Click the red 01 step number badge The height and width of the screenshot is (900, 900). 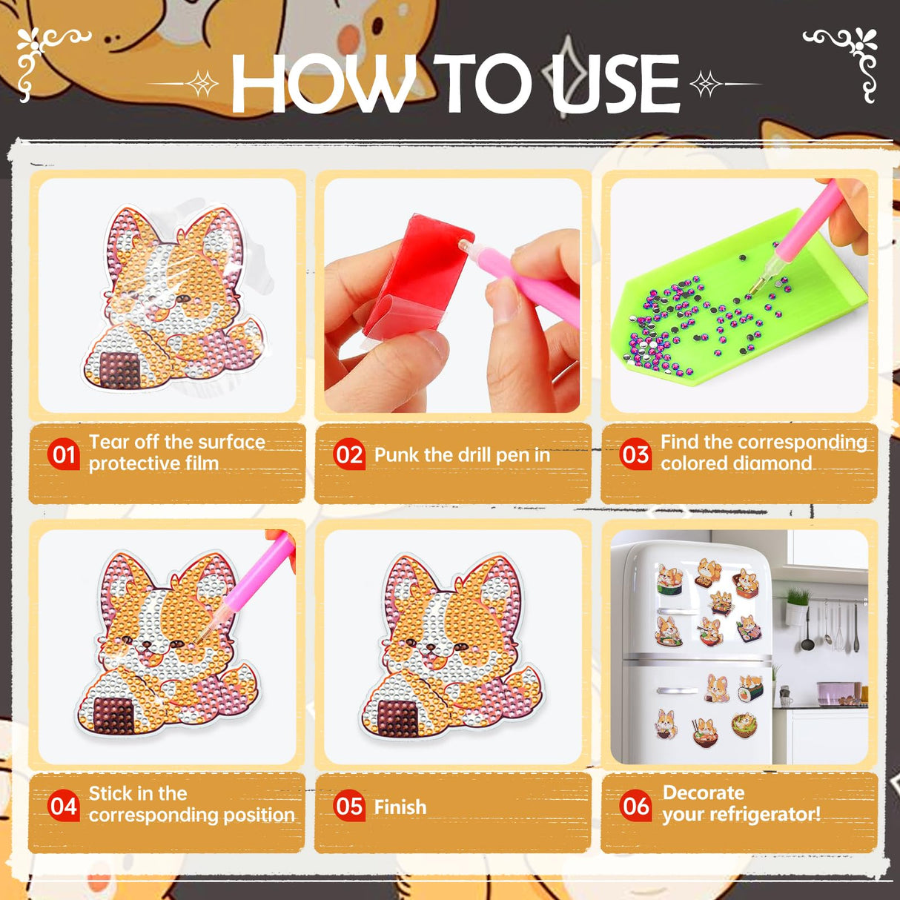point(64,454)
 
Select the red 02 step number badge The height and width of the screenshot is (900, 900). point(349,454)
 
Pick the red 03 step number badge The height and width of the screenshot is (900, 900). point(635,454)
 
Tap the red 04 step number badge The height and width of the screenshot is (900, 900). point(64,806)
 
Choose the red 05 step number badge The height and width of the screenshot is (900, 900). point(349,806)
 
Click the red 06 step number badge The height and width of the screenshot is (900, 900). point(635,806)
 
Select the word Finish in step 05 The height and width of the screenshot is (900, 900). point(400,807)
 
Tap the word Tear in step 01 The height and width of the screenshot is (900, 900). point(109,442)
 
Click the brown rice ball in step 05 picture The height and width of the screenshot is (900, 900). point(401,718)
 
